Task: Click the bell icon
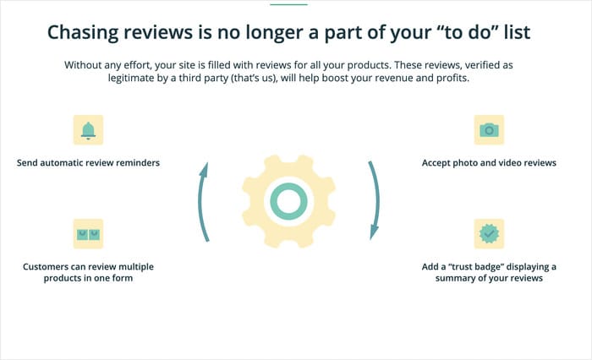coord(88,130)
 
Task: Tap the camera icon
coord(489,130)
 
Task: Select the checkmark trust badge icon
coord(489,233)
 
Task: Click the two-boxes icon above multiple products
coord(88,233)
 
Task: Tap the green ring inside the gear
coord(288,200)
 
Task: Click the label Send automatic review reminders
coord(88,162)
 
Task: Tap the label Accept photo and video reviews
coord(489,162)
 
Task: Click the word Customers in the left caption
coord(49,266)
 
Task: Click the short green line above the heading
coord(288,4)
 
